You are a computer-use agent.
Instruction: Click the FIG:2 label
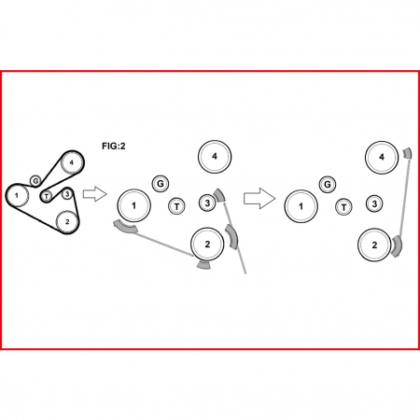click(x=114, y=146)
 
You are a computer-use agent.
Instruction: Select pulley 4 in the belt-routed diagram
click(x=72, y=162)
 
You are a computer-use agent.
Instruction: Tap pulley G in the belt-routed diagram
click(x=35, y=180)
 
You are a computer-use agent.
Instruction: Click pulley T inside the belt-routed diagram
click(x=47, y=196)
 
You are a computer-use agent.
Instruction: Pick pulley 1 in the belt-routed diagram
click(x=17, y=195)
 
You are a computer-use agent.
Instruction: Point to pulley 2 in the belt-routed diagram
click(x=67, y=221)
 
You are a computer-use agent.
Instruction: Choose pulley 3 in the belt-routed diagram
click(x=67, y=194)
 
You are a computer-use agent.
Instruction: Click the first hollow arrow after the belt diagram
click(x=94, y=194)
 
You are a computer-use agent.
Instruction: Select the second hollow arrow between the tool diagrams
click(x=259, y=198)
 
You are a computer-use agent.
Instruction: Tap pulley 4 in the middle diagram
click(x=215, y=157)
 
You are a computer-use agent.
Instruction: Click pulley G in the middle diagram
click(x=161, y=184)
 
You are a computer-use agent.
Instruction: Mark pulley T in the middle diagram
click(x=176, y=206)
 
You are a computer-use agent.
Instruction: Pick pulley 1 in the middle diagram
click(x=133, y=205)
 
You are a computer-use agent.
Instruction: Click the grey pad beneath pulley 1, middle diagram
click(x=125, y=228)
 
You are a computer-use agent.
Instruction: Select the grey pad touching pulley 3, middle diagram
click(x=219, y=195)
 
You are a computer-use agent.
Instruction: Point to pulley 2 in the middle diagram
click(x=207, y=245)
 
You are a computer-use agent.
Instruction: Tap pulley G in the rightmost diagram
click(x=328, y=185)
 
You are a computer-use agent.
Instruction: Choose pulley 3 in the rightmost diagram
click(x=374, y=203)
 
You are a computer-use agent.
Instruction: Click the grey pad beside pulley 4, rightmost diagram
click(x=408, y=153)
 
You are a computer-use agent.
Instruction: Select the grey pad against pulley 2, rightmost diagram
click(x=398, y=245)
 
